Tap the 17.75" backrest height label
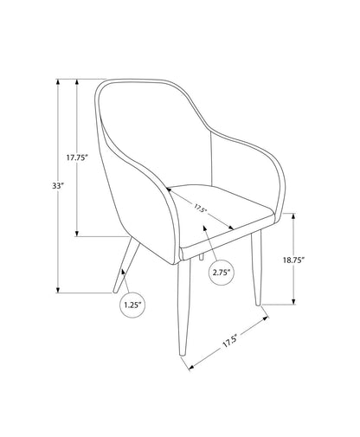tap(79, 157)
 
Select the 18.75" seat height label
tap(292, 259)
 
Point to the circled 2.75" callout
tap(222, 273)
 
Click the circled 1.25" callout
tap(132, 305)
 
